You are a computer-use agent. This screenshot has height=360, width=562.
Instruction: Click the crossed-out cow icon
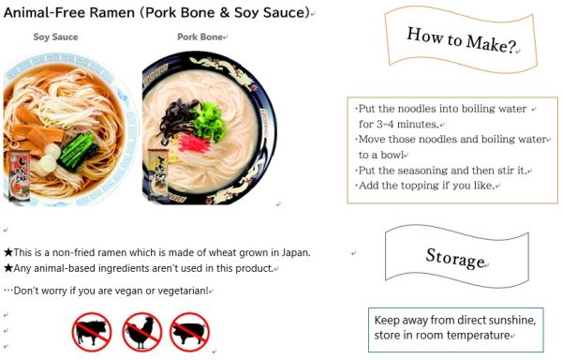point(93,332)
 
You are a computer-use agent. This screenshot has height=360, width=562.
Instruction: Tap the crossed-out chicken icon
point(141,332)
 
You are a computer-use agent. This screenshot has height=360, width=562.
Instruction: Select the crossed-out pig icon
point(189,332)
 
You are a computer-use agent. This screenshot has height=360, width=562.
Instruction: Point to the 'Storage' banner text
point(455,258)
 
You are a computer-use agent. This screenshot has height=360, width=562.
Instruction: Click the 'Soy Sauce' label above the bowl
point(55,37)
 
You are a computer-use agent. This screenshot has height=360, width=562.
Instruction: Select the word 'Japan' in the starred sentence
point(293,252)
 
